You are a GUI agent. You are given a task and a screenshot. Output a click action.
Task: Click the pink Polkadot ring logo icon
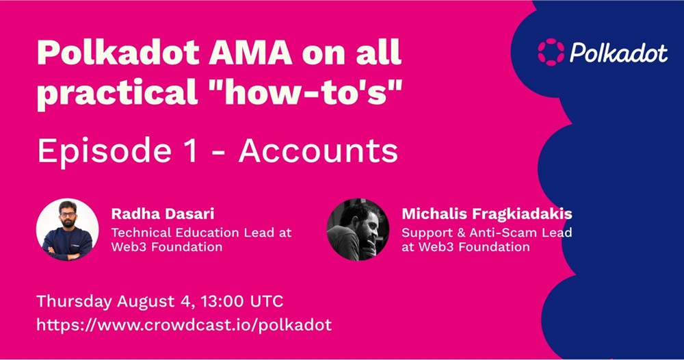551,52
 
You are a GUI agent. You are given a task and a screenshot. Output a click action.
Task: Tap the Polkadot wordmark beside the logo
618,53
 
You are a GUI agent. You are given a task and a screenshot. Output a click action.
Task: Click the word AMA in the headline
250,53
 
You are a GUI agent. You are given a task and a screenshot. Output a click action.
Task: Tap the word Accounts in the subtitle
319,151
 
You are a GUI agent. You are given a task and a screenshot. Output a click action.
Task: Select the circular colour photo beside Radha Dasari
67,229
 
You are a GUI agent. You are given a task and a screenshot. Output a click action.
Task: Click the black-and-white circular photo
358,229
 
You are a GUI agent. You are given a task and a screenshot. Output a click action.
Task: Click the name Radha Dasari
163,214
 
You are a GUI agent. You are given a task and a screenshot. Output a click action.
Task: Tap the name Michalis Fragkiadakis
487,214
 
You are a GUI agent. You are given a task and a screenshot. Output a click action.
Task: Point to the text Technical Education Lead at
201,232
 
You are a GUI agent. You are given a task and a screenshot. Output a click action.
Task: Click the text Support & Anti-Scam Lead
487,232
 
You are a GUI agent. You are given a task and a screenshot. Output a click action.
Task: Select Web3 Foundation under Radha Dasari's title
167,247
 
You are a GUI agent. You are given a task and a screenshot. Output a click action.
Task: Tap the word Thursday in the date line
74,302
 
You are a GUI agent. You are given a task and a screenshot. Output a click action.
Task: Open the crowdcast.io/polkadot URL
184,325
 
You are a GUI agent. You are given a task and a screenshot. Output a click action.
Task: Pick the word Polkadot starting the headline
118,53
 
